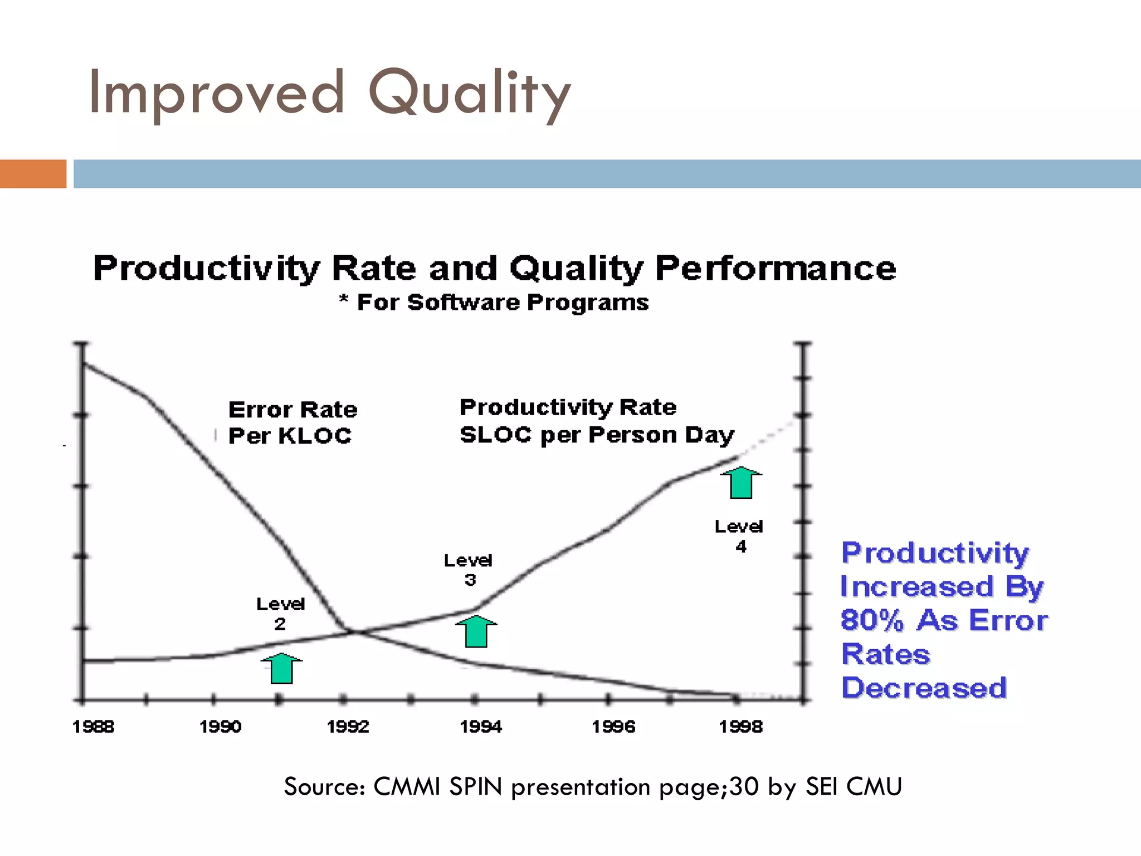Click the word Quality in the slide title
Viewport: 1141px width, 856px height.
(469, 94)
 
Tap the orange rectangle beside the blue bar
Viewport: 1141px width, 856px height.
(33, 174)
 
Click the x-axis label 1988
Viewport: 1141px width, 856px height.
(94, 727)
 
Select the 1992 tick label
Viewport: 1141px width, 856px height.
(348, 727)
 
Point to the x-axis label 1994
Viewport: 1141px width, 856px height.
(480, 727)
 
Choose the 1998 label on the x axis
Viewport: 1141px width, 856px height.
(740, 727)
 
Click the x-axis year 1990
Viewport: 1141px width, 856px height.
(221, 727)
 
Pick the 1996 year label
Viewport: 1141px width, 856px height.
(613, 727)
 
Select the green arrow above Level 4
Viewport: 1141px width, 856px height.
(741, 483)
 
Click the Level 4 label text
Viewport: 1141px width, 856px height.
(739, 536)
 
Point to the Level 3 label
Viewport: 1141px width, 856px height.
(469, 570)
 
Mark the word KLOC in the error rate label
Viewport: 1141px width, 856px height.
(315, 436)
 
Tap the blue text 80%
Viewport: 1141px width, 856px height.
(871, 620)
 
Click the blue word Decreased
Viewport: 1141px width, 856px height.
(924, 688)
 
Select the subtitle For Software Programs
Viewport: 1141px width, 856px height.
(503, 303)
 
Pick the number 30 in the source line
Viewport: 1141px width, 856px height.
(744, 787)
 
